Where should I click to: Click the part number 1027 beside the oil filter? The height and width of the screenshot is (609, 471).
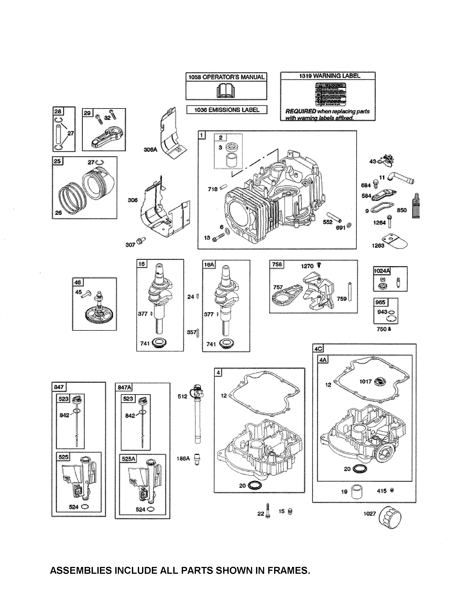(369, 514)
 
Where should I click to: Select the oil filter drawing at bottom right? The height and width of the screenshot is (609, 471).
(390, 517)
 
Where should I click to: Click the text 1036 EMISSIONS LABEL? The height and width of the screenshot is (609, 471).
(227, 110)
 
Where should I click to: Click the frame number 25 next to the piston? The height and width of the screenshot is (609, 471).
(57, 161)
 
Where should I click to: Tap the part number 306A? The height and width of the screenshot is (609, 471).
(150, 150)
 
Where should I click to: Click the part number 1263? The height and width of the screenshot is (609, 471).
(378, 246)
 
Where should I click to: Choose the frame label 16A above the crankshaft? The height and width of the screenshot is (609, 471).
(209, 264)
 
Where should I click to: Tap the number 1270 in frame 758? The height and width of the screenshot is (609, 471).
(307, 266)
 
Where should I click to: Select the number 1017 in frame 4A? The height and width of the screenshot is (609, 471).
(365, 381)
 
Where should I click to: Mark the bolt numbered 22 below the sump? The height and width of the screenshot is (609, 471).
(268, 511)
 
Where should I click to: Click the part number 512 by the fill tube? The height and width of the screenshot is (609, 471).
(182, 396)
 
